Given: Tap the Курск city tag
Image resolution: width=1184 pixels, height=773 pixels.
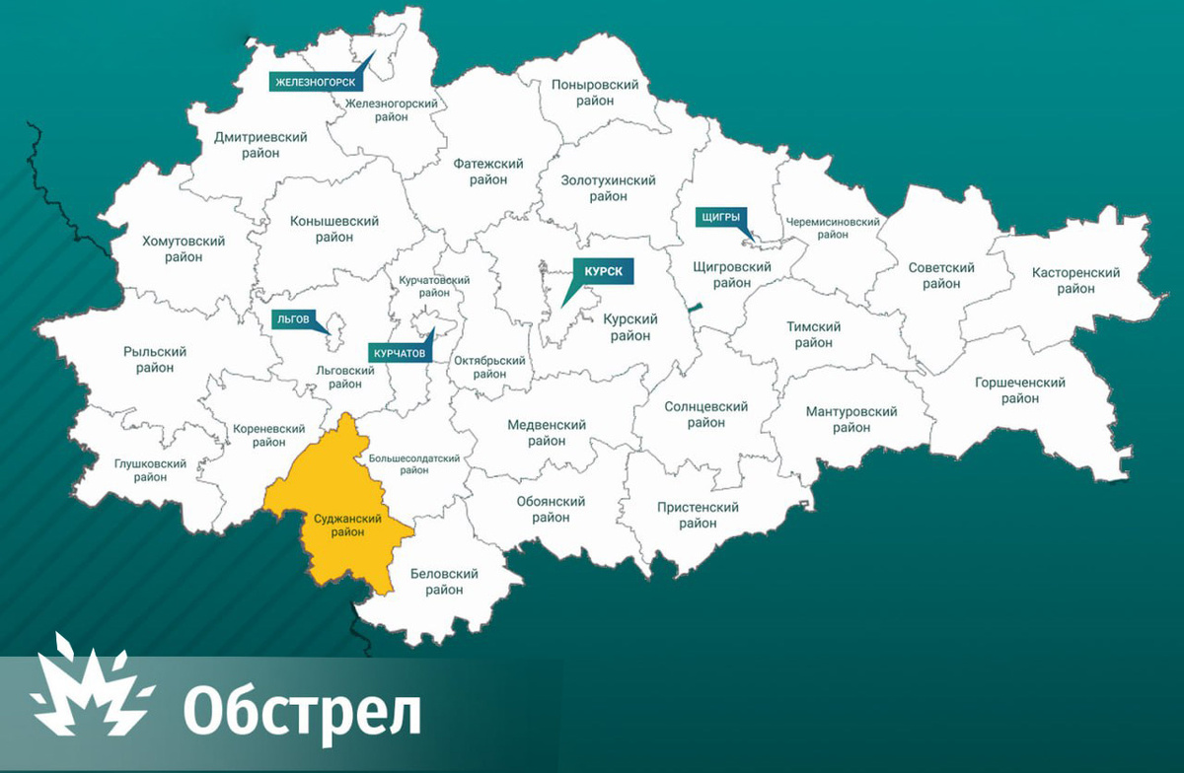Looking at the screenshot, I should (602, 271).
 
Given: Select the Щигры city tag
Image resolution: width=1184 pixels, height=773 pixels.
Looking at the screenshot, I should (720, 217).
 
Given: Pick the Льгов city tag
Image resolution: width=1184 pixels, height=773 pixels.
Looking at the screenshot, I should (293, 319).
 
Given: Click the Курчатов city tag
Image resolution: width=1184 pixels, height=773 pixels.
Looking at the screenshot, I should (400, 352).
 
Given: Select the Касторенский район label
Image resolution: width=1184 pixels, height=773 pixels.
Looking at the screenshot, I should (1075, 280).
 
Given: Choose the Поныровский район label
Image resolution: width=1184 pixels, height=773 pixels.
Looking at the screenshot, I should (595, 93).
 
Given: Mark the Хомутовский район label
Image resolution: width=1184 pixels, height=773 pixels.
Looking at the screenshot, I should (184, 248).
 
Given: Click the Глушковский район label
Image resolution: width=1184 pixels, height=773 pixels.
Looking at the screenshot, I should (151, 470).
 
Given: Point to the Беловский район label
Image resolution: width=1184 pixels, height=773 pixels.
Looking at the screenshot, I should (444, 582).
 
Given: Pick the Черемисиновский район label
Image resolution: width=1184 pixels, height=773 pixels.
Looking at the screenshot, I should (833, 228).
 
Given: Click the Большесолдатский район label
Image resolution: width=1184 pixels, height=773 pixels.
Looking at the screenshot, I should (414, 463).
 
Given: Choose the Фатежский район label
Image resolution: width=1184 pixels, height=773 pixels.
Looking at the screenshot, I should (487, 172).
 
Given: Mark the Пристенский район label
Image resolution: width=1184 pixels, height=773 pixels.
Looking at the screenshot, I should (698, 515).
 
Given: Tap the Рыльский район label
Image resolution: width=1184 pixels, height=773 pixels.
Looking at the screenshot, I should (155, 359).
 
